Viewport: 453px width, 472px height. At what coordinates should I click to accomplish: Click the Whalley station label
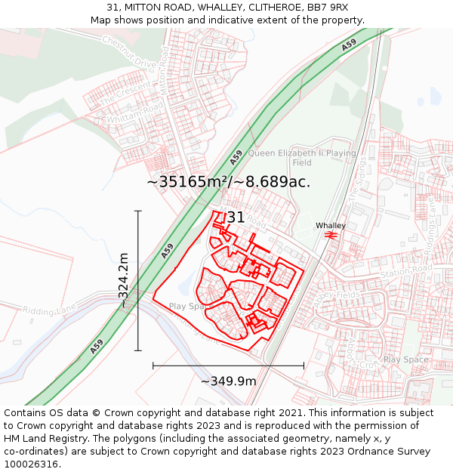coord(331,226)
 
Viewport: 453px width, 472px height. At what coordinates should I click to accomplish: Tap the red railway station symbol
coord(331,236)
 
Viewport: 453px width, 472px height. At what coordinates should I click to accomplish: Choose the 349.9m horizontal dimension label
coord(228,381)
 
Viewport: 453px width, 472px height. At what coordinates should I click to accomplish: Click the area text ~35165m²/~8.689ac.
coord(228,182)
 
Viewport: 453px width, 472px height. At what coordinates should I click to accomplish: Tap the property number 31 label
coord(236,217)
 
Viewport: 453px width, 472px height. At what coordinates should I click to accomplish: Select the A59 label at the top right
coord(348,45)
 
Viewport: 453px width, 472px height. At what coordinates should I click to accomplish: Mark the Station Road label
coord(405,270)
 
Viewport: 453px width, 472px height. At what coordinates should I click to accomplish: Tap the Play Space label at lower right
coord(406,359)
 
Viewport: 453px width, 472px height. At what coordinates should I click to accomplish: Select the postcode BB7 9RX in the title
coord(327,8)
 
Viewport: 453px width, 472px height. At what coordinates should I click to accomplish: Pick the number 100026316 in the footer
coord(32,464)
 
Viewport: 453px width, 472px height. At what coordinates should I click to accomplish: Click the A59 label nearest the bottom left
coord(97,347)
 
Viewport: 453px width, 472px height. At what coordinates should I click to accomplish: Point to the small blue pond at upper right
coord(436,96)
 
